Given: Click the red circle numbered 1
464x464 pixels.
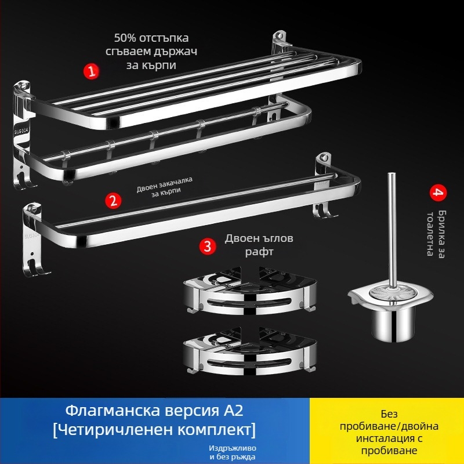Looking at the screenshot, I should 90,71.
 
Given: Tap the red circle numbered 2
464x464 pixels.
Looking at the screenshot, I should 114,201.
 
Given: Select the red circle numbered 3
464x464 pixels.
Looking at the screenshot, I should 208,246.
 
